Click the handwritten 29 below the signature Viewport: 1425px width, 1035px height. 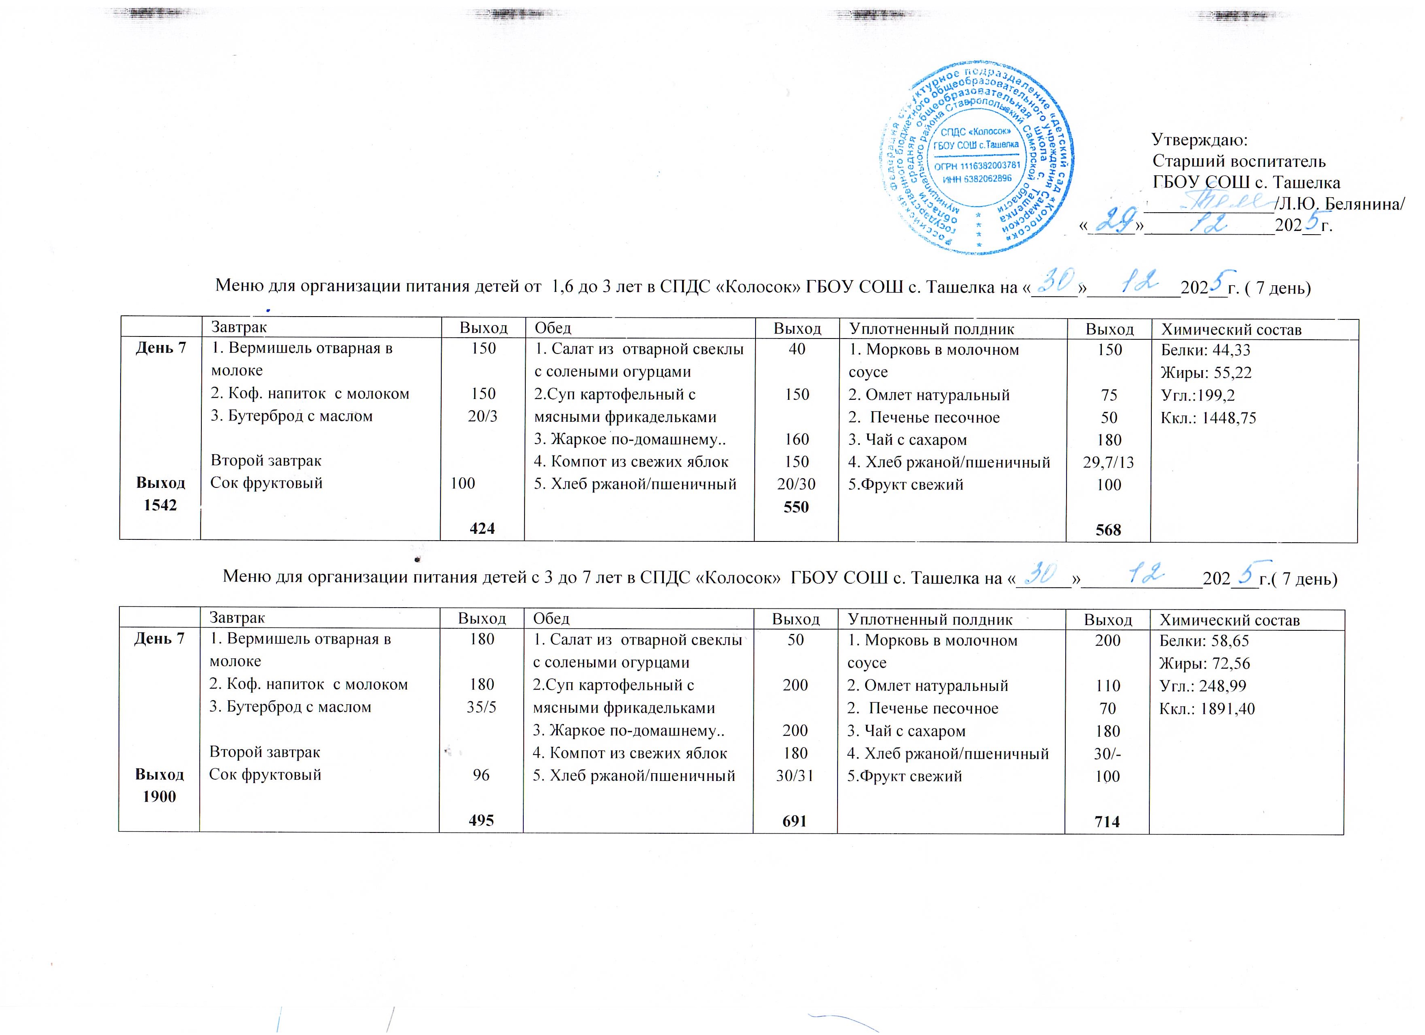pyautogui.click(x=1113, y=221)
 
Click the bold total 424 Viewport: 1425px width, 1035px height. pyautogui.click(x=483, y=529)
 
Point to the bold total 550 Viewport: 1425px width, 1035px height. pyautogui.click(x=796, y=507)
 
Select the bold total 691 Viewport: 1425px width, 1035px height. pyautogui.click(x=795, y=820)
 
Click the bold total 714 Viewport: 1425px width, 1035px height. pyautogui.click(x=1107, y=821)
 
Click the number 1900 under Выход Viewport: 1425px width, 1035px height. pyautogui.click(x=160, y=796)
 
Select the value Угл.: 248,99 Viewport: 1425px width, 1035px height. pyautogui.click(x=1203, y=686)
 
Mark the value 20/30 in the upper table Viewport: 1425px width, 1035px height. pyautogui.click(x=796, y=484)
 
